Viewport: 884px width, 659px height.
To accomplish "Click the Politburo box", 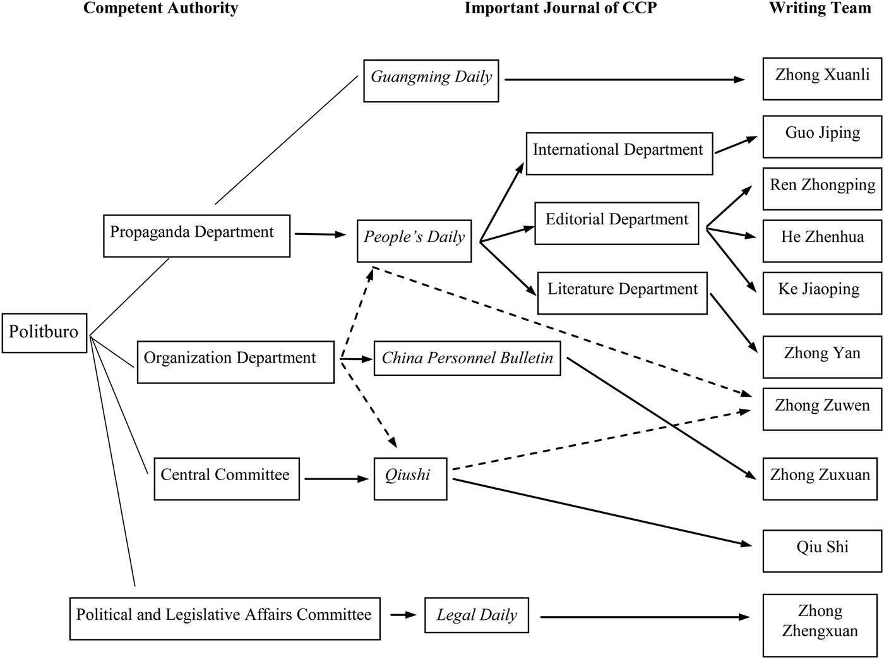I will coord(44,332).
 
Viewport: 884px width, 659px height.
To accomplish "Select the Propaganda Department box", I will coord(196,236).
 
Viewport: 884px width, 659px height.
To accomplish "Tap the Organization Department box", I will coord(236,361).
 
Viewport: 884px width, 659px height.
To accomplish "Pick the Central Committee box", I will coord(227,478).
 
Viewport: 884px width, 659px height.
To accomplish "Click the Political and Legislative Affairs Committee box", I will coord(225,618).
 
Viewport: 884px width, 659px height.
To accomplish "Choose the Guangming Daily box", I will coord(431,80).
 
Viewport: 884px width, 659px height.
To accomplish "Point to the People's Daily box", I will coord(414,240).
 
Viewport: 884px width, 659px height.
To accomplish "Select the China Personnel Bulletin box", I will coord(467,358).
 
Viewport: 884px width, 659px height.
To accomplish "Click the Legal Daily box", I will coord(477,615).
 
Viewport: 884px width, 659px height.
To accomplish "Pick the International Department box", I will coord(619,153).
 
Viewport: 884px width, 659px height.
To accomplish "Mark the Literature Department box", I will coord(622,293).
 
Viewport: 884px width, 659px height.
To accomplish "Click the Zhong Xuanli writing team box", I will coord(821,78).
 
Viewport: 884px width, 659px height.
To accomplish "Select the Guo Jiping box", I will coord(821,136).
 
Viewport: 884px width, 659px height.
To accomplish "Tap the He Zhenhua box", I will coord(821,240).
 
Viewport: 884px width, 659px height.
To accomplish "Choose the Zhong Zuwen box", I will coord(821,409).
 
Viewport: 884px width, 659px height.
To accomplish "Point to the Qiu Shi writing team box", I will coord(821,550).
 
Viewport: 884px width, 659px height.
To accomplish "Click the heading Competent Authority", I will coord(160,8).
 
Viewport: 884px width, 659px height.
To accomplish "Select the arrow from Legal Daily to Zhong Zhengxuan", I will coord(644,617).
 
